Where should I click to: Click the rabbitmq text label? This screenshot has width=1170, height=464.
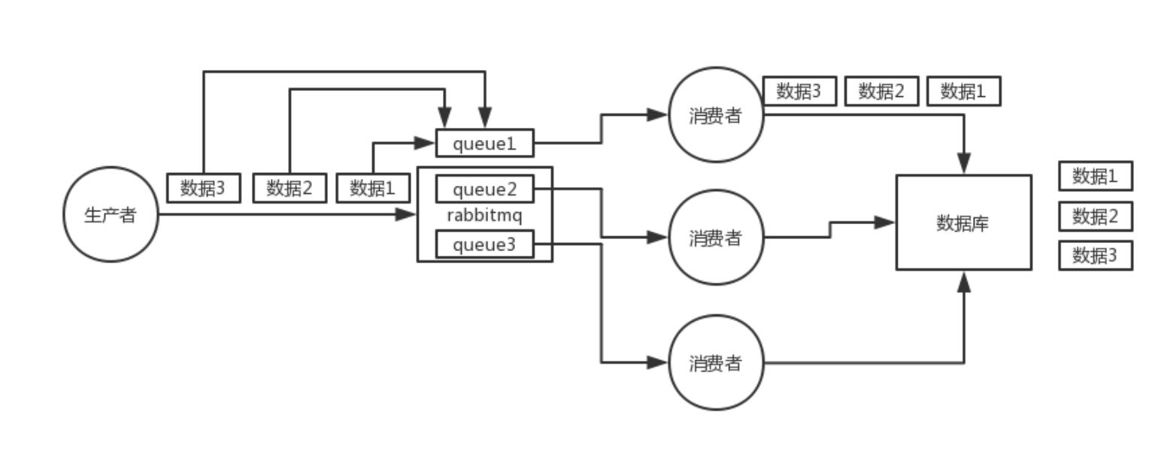click(x=485, y=216)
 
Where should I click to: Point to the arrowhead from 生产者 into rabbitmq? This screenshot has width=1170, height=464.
click(x=405, y=214)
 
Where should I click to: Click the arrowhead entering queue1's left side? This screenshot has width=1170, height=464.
click(x=424, y=143)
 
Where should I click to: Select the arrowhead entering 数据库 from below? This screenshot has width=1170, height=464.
click(x=964, y=282)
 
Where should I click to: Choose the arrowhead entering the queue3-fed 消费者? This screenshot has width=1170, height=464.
click(x=657, y=362)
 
